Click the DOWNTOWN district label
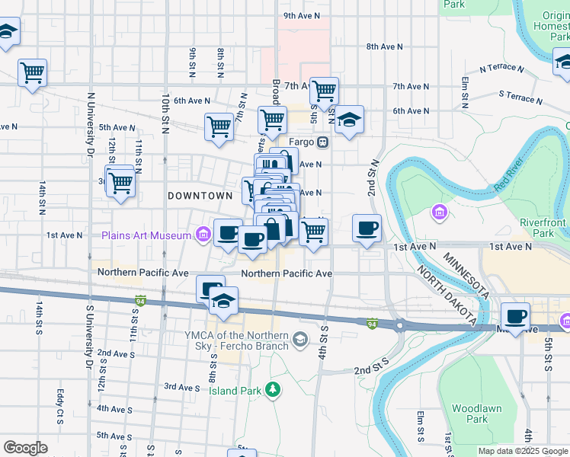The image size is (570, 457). pyautogui.click(x=200, y=196)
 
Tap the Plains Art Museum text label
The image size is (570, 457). pyautogui.click(x=146, y=235)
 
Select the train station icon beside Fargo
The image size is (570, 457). pyautogui.click(x=323, y=142)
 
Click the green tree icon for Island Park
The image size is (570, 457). pyautogui.click(x=273, y=390)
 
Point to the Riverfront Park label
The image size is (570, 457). pyautogui.click(x=543, y=228)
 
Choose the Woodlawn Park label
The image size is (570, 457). pyautogui.click(x=476, y=414)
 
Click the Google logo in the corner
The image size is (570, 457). pyautogui.click(x=25, y=448)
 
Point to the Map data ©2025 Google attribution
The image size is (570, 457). pyautogui.click(x=522, y=451)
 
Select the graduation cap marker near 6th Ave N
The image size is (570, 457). pyautogui.click(x=349, y=120)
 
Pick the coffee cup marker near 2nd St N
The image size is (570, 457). pyautogui.click(x=367, y=228)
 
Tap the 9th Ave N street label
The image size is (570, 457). pyautogui.click(x=301, y=15)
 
